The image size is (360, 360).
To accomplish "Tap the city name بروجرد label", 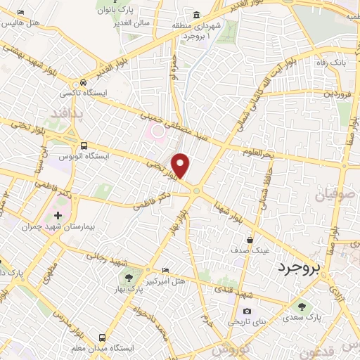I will (297, 268).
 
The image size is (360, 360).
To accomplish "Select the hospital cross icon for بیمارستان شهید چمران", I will (58, 214).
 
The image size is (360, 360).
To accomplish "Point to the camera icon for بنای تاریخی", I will (246, 311).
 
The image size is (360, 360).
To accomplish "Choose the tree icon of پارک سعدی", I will (302, 306).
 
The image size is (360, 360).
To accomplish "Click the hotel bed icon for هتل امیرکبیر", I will (165, 270).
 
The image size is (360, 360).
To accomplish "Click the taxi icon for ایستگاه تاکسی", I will (84, 81).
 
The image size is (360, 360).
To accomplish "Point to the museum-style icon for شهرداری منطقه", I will (196, 15).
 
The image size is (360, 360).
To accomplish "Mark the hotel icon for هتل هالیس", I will (20, 13).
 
